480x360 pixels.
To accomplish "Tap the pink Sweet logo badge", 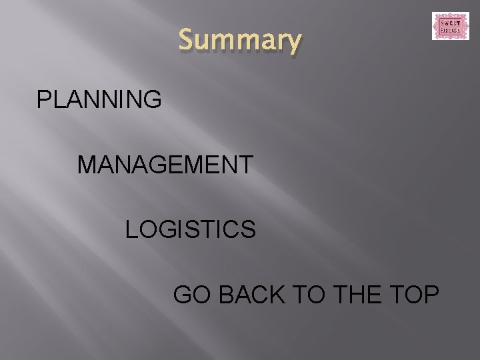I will [x=450, y=26].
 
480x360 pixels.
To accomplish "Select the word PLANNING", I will [x=99, y=99].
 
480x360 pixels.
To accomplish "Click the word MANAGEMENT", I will [x=165, y=164].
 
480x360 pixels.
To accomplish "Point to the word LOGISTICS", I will [x=191, y=229].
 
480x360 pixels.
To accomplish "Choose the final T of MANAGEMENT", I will [x=245, y=164].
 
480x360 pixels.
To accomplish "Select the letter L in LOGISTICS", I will [x=131, y=229].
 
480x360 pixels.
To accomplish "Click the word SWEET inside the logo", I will [x=450, y=22].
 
